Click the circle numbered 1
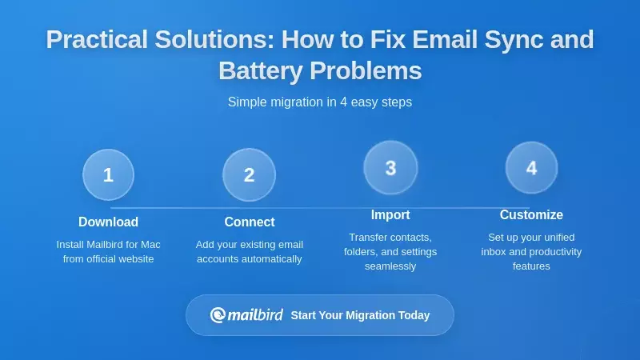click(x=108, y=174)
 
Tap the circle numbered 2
click(x=249, y=174)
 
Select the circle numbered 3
click(x=390, y=167)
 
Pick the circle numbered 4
click(x=531, y=167)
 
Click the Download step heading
click(x=108, y=222)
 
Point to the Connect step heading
click(x=249, y=222)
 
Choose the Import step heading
click(x=390, y=214)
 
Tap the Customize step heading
click(x=531, y=214)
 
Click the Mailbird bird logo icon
click(x=218, y=315)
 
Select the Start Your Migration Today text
click(x=360, y=315)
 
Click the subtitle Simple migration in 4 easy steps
click(x=320, y=102)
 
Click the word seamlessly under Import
click(x=390, y=266)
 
